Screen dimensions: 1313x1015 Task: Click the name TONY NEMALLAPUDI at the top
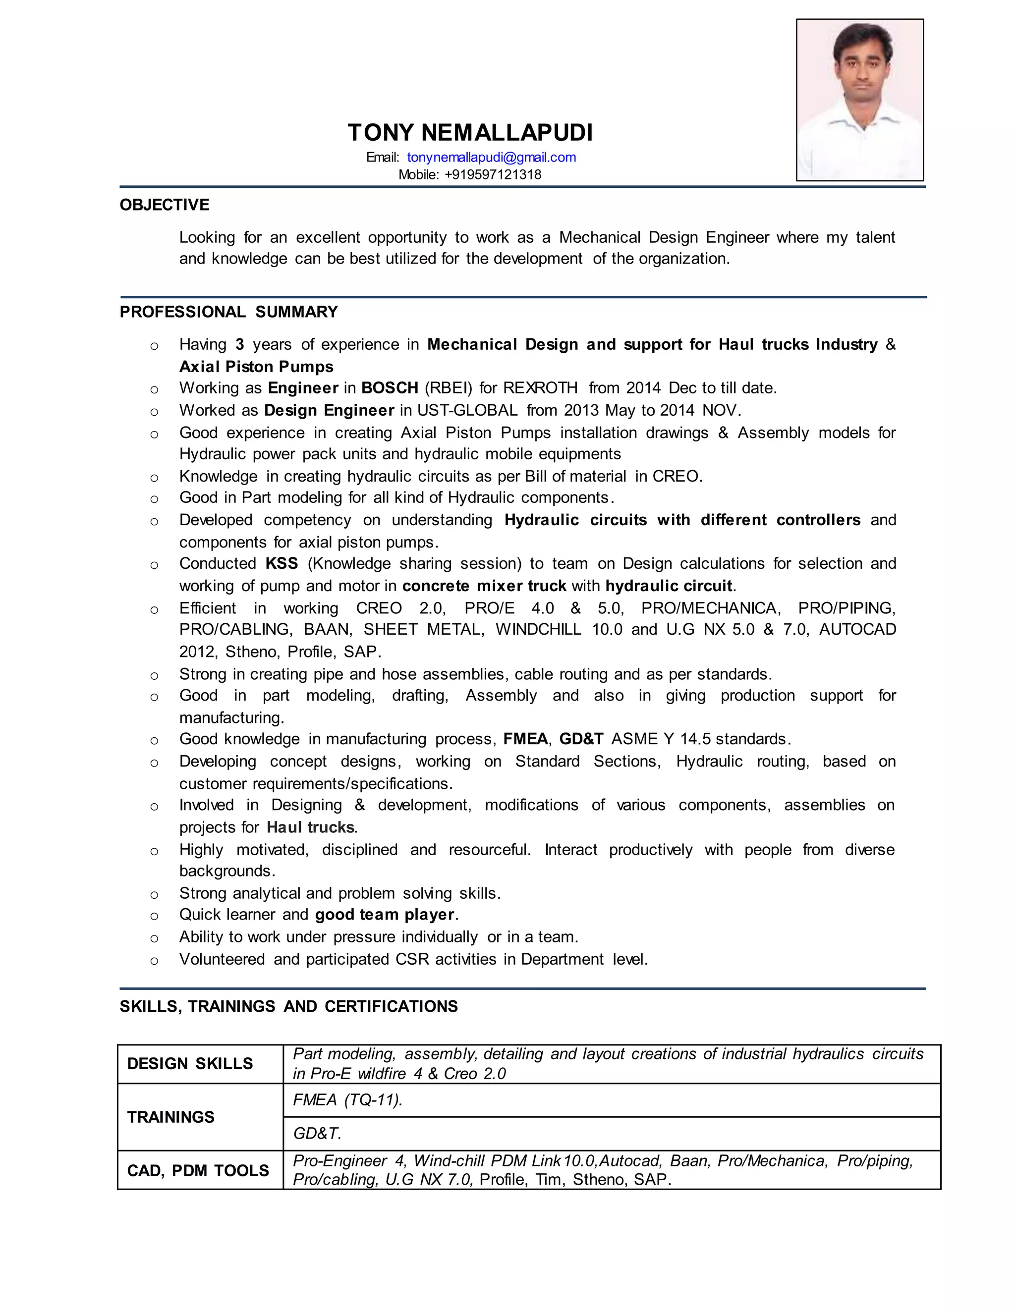pyautogui.click(x=470, y=133)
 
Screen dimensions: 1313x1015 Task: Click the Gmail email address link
pyautogui.click(x=491, y=158)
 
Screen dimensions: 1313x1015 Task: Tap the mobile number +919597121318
pyautogui.click(x=493, y=175)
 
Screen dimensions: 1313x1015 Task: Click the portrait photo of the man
pyautogui.click(x=860, y=100)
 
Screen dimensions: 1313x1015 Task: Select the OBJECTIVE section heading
pyautogui.click(x=164, y=205)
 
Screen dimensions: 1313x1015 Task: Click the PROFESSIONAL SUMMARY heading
pyautogui.click(x=228, y=312)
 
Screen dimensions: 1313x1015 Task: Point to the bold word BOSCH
pyautogui.click(x=390, y=388)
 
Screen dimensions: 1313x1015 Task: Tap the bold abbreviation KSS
pyautogui.click(x=282, y=564)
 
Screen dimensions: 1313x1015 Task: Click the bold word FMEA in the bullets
pyautogui.click(x=525, y=739)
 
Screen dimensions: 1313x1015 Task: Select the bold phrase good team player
pyautogui.click(x=385, y=915)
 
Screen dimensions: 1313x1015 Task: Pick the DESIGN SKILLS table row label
pyautogui.click(x=190, y=1063)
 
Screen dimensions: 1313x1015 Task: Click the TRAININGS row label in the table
pyautogui.click(x=171, y=1117)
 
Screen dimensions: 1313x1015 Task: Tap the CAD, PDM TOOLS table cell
pyautogui.click(x=198, y=1170)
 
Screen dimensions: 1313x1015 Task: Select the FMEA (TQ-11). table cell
pyautogui.click(x=347, y=1100)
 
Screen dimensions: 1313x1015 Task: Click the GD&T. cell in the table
pyautogui.click(x=317, y=1134)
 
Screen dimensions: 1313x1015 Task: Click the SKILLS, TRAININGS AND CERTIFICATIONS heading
pyautogui.click(x=288, y=1006)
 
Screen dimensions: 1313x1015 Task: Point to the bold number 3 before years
pyautogui.click(x=239, y=345)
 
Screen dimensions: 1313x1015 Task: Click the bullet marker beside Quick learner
pyautogui.click(x=155, y=916)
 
